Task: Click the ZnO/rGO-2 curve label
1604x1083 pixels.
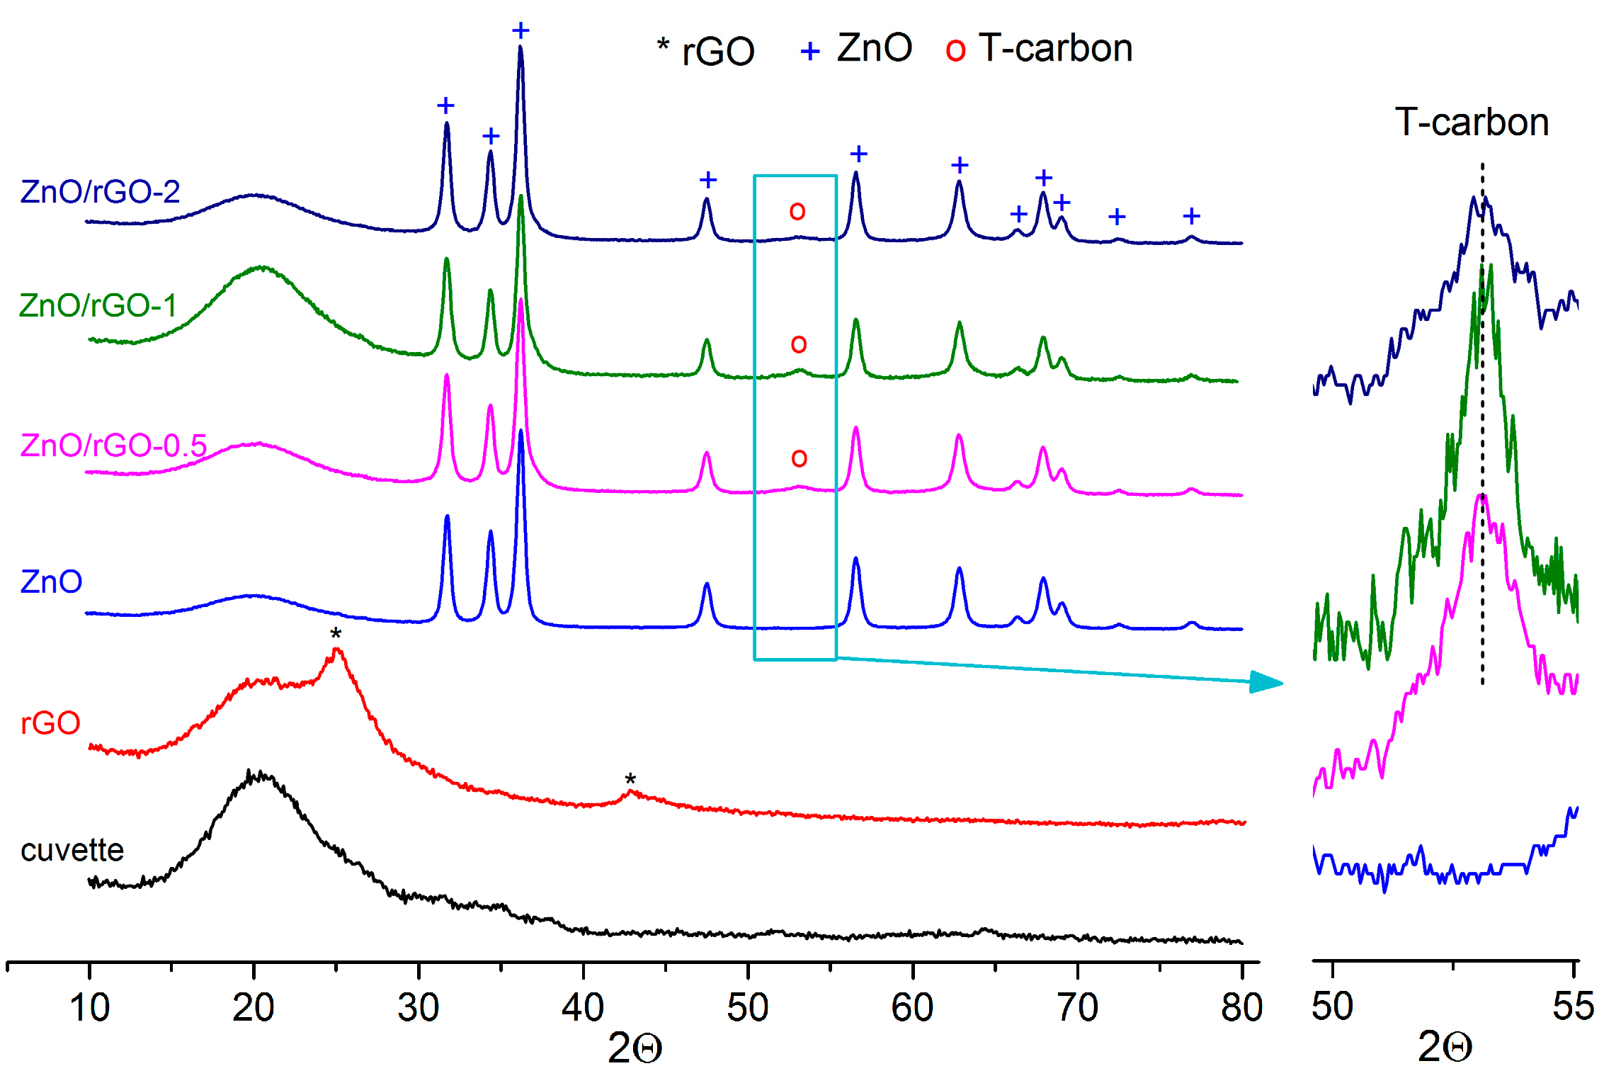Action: [100, 192]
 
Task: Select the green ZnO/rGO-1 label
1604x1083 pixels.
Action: [98, 305]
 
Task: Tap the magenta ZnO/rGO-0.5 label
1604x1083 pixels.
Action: [113, 446]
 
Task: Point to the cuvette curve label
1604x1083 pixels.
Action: [72, 850]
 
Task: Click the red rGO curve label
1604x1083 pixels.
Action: [50, 723]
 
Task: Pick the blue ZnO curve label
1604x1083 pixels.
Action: [51, 582]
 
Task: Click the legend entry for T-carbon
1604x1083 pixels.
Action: [1039, 49]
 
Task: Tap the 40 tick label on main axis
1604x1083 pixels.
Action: [582, 1007]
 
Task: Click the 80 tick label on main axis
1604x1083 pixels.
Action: [1241, 1007]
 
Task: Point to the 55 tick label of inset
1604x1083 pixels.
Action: [1573, 1006]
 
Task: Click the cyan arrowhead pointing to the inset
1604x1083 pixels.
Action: [1266, 682]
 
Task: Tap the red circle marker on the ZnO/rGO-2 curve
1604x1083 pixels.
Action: [797, 210]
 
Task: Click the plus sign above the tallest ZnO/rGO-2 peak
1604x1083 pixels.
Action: [521, 30]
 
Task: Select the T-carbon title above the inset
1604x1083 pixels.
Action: [1472, 123]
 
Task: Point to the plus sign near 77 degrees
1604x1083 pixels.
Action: [1191, 216]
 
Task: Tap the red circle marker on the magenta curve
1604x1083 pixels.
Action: [799, 458]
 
